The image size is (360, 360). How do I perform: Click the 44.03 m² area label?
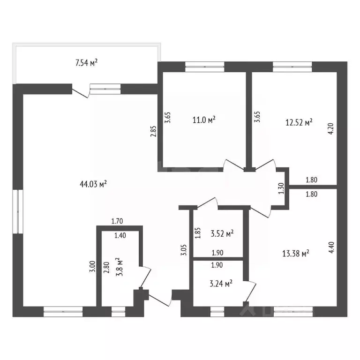(93, 184)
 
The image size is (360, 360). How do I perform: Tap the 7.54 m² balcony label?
(87, 63)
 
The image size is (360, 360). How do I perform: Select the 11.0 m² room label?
(204, 120)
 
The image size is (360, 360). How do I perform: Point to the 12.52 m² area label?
(299, 122)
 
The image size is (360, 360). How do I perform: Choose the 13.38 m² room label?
(295, 254)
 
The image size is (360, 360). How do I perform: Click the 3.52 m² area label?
(222, 234)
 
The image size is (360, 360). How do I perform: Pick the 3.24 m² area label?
(221, 284)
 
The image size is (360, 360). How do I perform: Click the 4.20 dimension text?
(331, 129)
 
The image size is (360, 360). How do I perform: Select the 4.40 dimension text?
(331, 247)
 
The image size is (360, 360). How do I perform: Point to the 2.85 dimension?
(153, 131)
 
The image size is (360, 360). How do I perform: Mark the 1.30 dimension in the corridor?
(281, 188)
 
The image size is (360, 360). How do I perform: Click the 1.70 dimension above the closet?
(117, 221)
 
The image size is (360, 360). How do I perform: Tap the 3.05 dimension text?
(184, 250)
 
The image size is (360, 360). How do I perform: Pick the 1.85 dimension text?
(198, 233)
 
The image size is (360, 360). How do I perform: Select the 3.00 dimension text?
(92, 267)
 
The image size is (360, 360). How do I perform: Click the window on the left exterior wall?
(18, 211)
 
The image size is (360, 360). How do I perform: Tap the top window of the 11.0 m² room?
(204, 67)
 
